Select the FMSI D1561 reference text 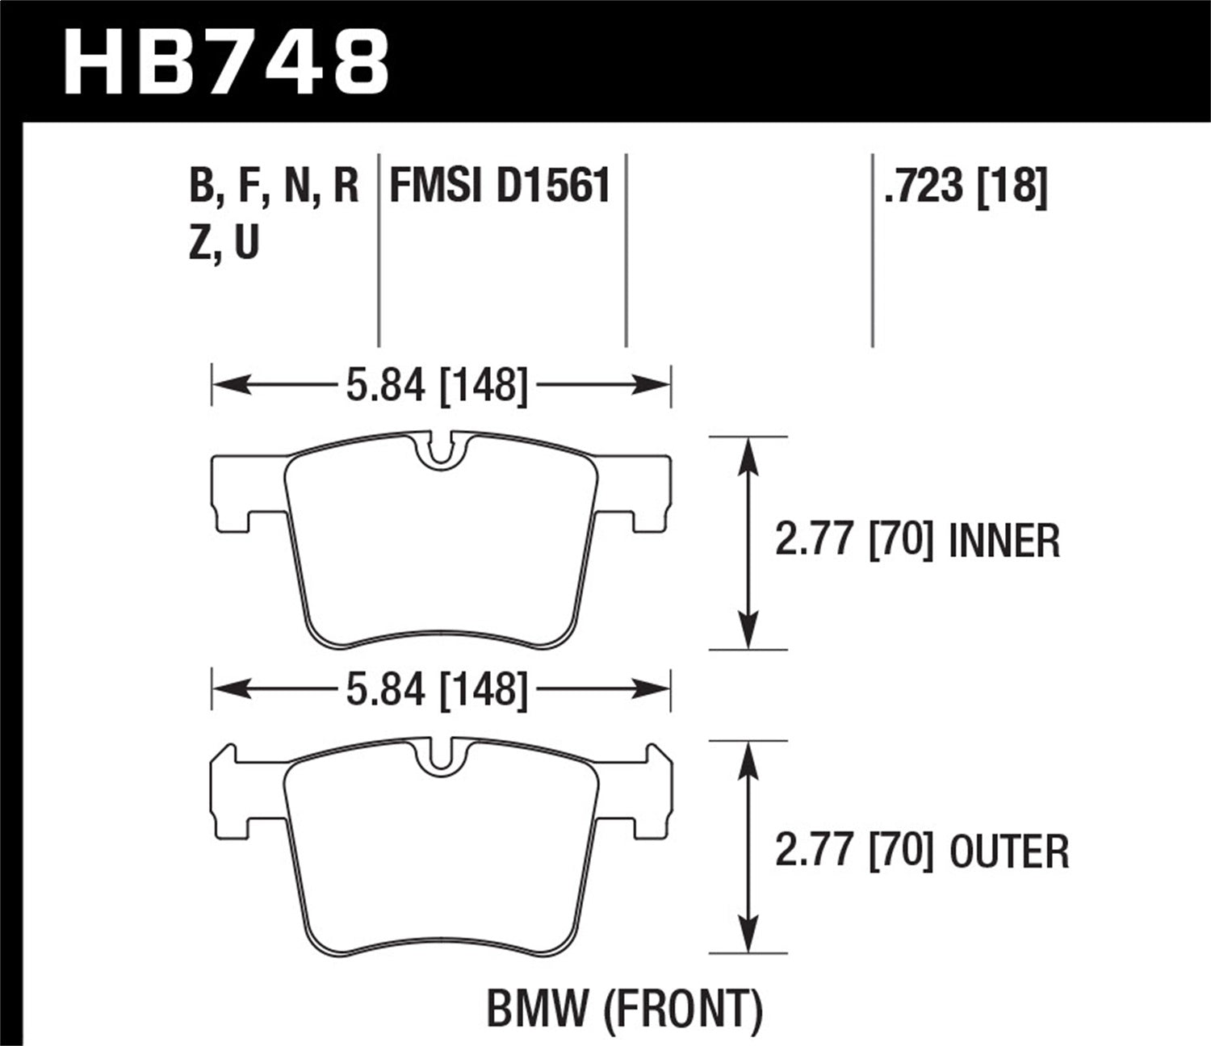500,186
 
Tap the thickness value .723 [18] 966,186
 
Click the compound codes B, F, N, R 274,186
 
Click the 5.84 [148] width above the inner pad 437,385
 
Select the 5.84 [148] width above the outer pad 437,691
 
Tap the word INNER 1004,542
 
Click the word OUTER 1009,852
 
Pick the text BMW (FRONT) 624,1009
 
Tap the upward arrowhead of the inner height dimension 749,453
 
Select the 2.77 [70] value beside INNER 854,542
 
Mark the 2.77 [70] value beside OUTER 854,852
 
